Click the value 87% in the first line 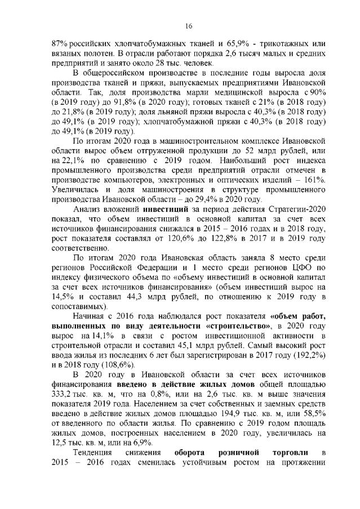click(60, 44)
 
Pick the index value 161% click(313, 180)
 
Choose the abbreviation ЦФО click(293, 267)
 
